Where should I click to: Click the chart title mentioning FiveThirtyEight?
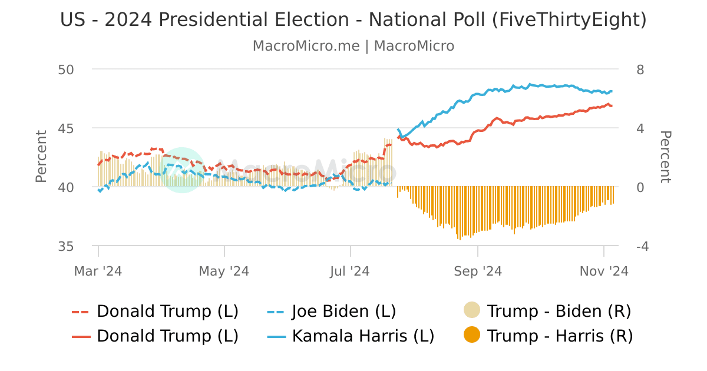pos(353,20)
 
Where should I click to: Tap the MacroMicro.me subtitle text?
pos(353,46)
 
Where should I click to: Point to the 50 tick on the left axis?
pos(66,69)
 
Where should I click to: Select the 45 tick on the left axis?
pos(66,128)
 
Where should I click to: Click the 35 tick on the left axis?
pos(66,246)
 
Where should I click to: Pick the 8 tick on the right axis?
pos(640,69)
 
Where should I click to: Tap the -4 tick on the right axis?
pos(642,246)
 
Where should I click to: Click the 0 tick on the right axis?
pos(640,187)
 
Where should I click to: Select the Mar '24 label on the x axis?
pos(98,271)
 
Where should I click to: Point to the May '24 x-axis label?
pos(224,271)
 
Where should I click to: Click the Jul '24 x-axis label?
pos(350,271)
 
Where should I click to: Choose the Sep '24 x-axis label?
pos(477,271)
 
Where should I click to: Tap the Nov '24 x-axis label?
pos(603,271)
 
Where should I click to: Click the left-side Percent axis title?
pos(41,157)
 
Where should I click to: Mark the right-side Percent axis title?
pos(665,157)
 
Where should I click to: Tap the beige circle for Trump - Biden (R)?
pos(473,310)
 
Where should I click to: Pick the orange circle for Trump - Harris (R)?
pos(473,336)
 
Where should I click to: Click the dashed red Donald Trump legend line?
pos(81,312)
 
